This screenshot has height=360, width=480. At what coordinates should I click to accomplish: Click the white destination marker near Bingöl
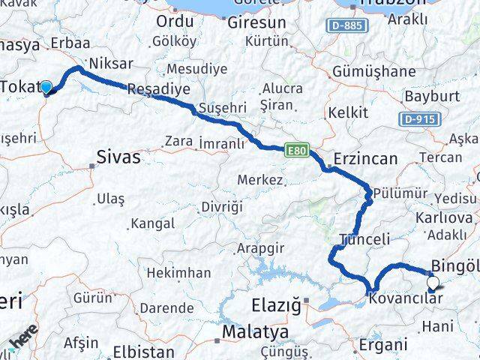point(433,283)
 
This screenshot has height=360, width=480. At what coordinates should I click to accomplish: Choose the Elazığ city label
point(274,305)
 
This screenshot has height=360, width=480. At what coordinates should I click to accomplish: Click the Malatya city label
point(240,331)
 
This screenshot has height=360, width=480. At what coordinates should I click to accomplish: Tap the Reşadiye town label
point(158,88)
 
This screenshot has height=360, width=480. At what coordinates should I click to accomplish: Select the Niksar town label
point(111,63)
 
